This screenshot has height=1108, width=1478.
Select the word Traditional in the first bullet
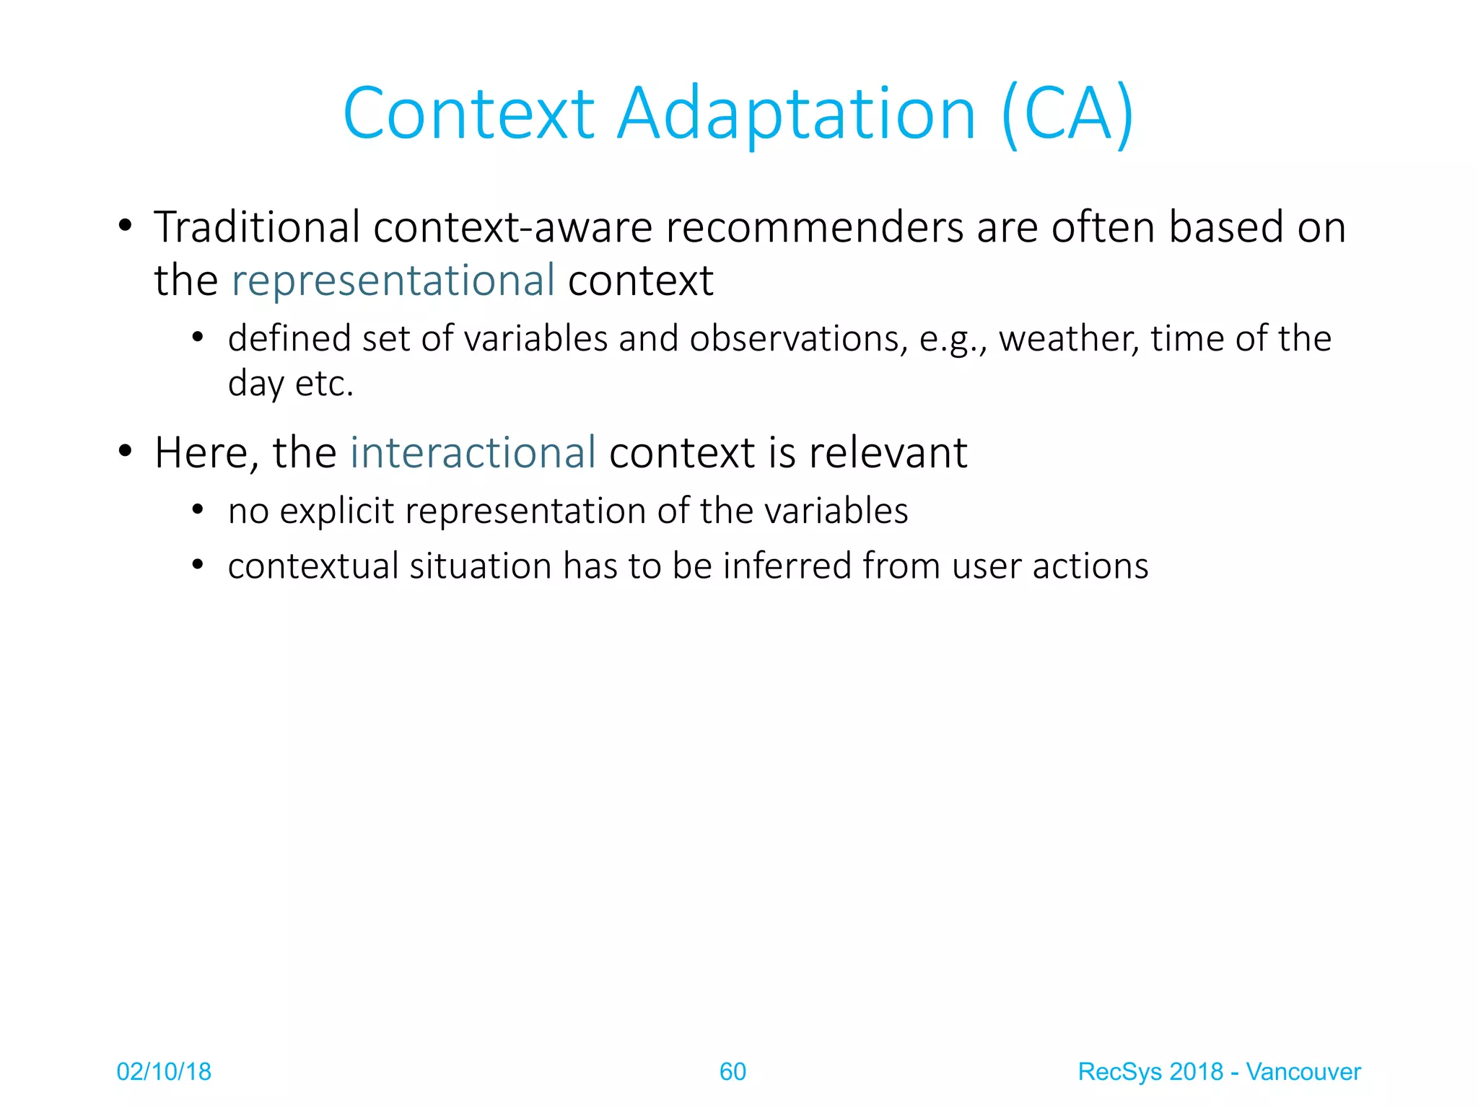(x=257, y=227)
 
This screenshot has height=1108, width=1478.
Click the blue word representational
(x=393, y=281)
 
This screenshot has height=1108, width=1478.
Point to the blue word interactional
(x=473, y=453)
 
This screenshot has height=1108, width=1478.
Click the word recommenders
(x=814, y=227)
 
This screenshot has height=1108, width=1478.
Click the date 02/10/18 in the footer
(x=164, y=1072)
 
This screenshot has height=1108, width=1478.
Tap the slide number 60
(x=733, y=1072)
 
